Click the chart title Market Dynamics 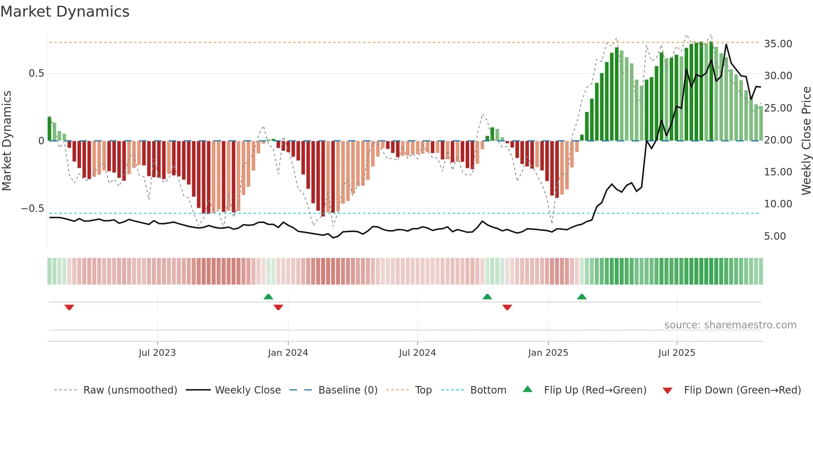click(65, 12)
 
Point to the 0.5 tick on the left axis click(36, 73)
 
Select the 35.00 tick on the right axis click(778, 44)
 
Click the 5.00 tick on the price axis click(775, 236)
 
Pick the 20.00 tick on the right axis click(778, 140)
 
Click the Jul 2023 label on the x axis click(157, 353)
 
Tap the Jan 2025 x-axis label click(548, 353)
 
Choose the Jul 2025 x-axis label click(677, 353)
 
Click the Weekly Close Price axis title click(806, 141)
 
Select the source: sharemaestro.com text click(730, 325)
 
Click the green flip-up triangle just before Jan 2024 click(268, 297)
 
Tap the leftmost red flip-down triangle click(69, 307)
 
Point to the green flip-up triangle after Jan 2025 click(582, 297)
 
